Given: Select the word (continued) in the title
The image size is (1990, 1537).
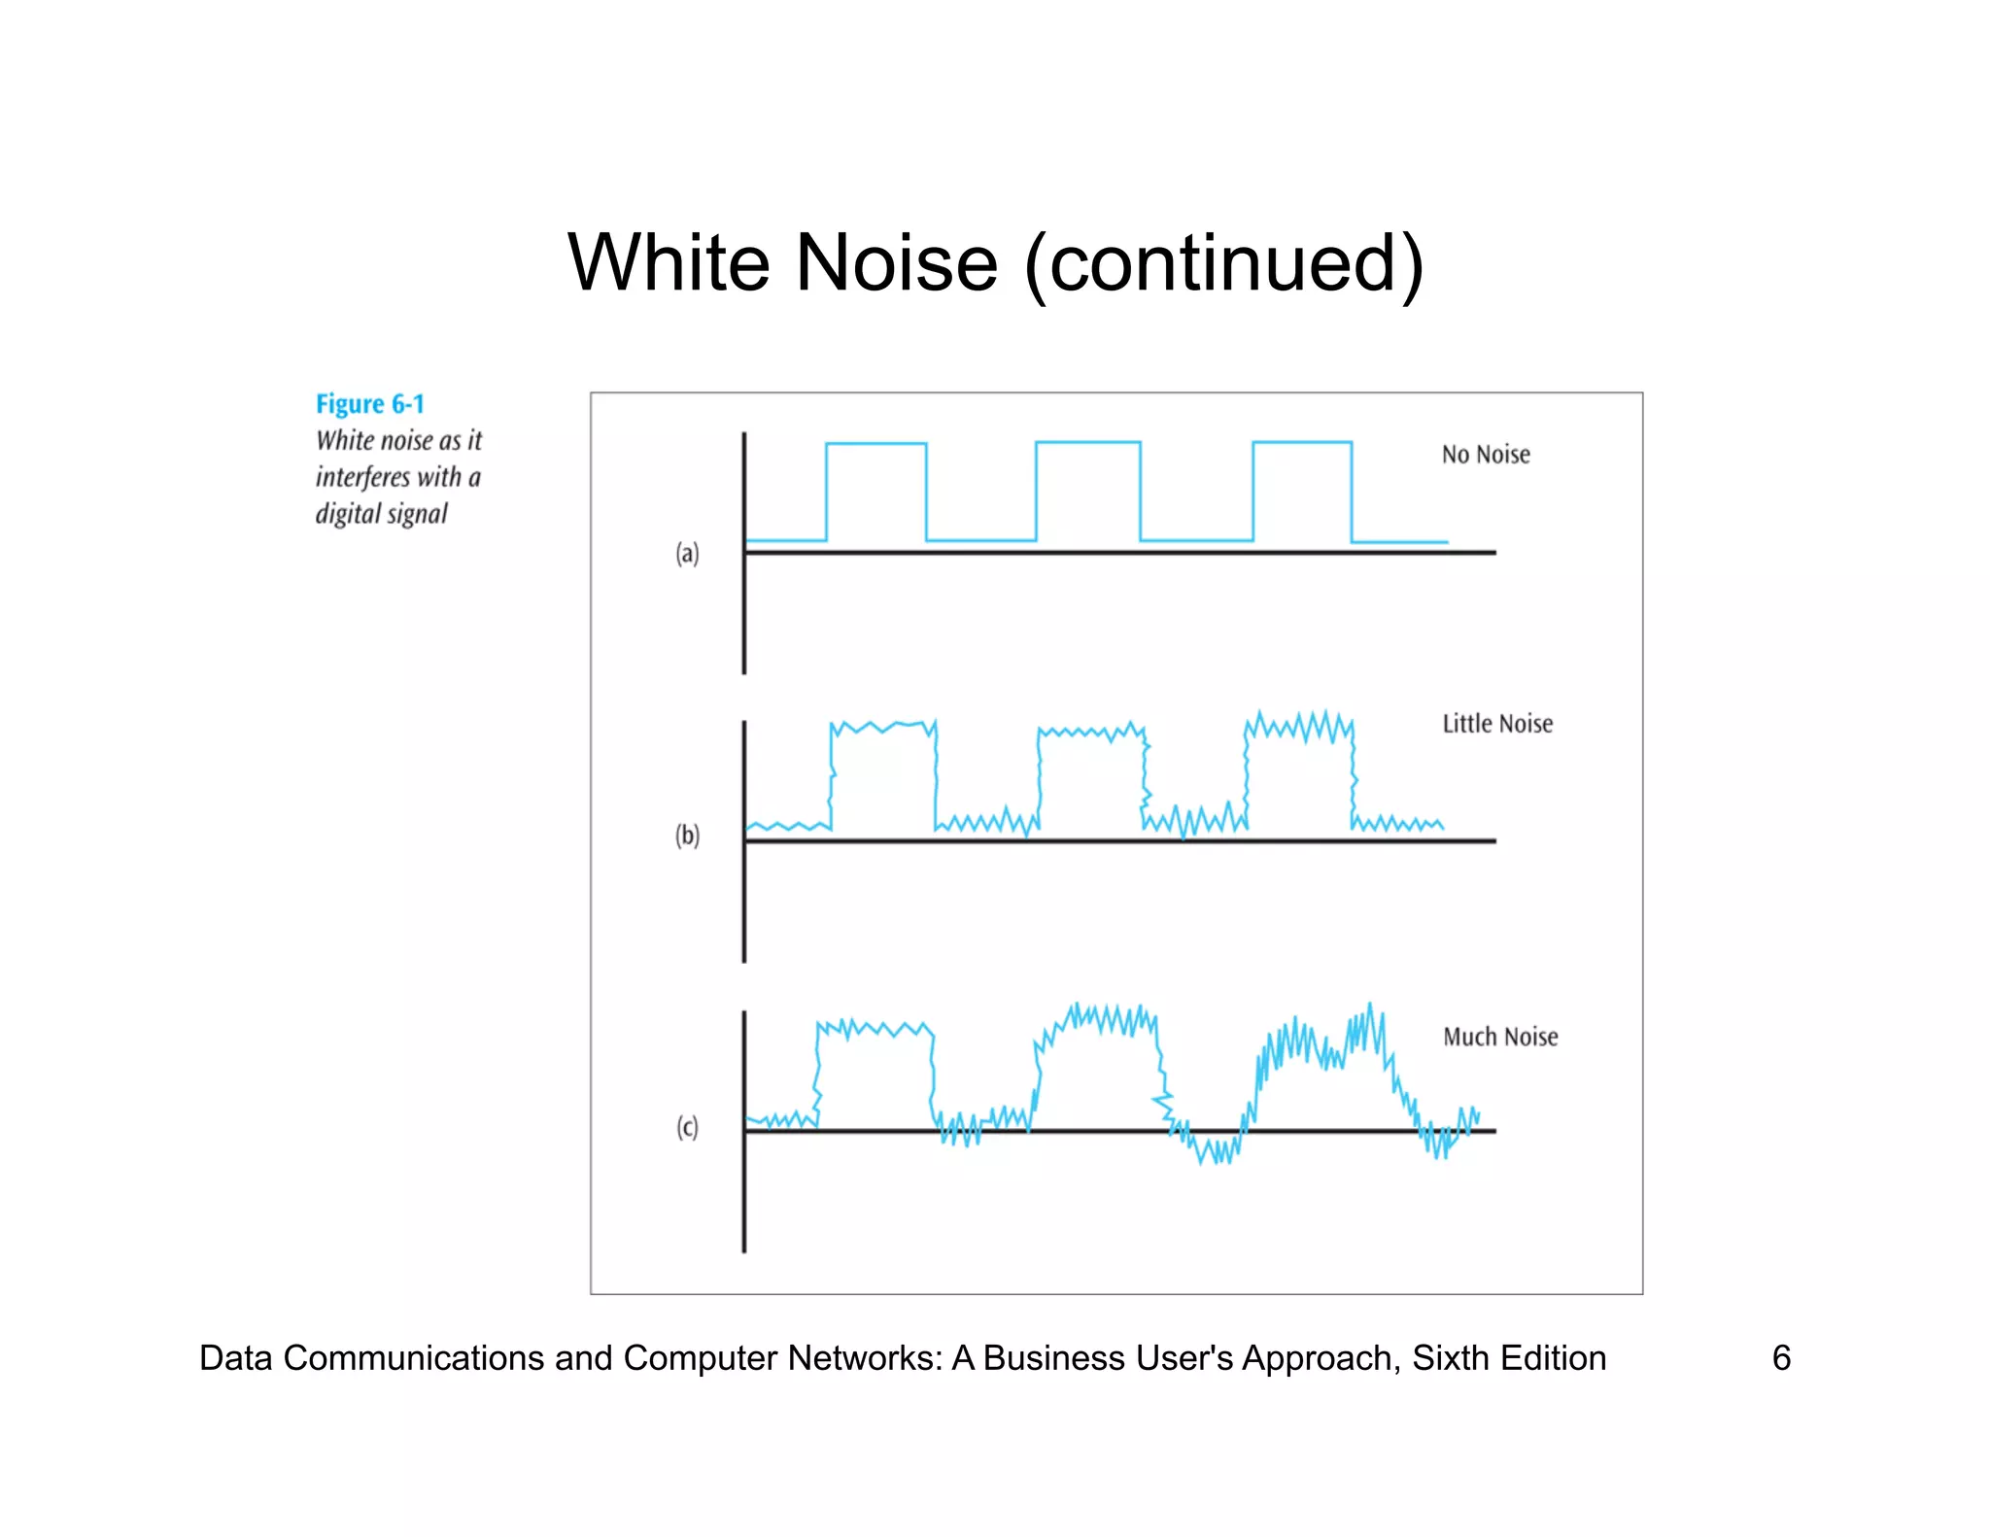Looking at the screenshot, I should click(1223, 264).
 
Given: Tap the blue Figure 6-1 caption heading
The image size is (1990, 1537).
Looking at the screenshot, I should click(369, 404).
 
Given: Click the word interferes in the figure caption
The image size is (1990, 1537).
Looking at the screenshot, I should click(361, 477).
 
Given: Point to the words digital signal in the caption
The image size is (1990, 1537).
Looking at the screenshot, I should click(381, 514).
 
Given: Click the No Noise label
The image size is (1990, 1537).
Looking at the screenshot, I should click(1485, 455).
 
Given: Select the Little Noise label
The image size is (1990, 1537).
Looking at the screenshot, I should click(1496, 724).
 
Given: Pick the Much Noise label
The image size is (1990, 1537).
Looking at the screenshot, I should click(1499, 1037).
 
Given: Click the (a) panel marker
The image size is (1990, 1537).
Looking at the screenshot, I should click(687, 554).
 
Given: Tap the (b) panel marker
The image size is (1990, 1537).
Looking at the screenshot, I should click(687, 836).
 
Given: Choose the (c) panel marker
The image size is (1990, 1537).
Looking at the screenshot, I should click(687, 1127).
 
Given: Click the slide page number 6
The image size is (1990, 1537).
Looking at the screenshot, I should click(1781, 1357).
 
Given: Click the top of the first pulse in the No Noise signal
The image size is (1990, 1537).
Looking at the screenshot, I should click(875, 444).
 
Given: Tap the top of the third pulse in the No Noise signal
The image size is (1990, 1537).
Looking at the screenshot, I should click(1301, 443).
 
